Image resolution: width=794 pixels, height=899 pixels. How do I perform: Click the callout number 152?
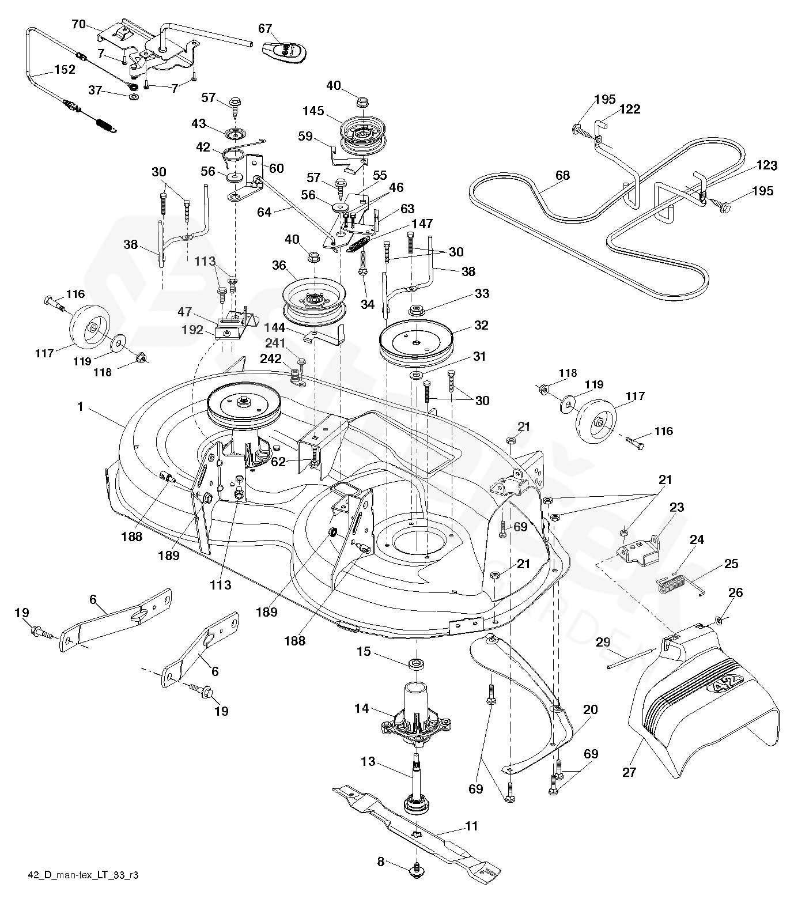point(64,70)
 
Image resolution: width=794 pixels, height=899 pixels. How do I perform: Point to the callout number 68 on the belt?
point(562,175)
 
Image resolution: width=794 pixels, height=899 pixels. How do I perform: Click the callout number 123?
point(766,166)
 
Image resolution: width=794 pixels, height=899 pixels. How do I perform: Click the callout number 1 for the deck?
point(81,407)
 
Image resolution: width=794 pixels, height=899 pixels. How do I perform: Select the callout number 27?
point(629,772)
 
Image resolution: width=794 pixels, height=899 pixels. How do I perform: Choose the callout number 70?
point(78,24)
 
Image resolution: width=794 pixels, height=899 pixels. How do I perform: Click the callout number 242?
point(271,359)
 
